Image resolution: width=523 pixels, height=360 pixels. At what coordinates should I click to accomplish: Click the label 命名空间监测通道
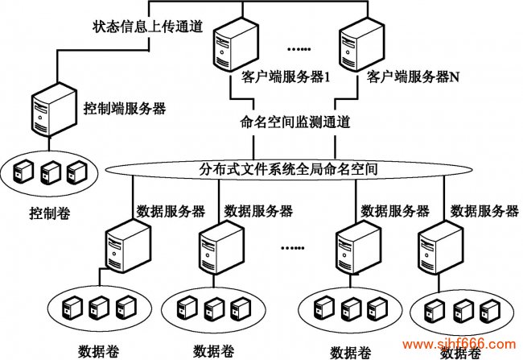[x=295, y=122]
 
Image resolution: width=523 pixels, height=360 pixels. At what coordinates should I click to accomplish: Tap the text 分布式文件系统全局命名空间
[x=289, y=170]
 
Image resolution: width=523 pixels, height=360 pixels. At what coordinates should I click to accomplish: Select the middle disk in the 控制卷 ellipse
[x=51, y=171]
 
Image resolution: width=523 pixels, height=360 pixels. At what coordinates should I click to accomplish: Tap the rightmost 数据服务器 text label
[x=484, y=211]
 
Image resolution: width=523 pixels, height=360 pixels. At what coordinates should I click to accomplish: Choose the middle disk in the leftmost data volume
[x=98, y=307]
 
